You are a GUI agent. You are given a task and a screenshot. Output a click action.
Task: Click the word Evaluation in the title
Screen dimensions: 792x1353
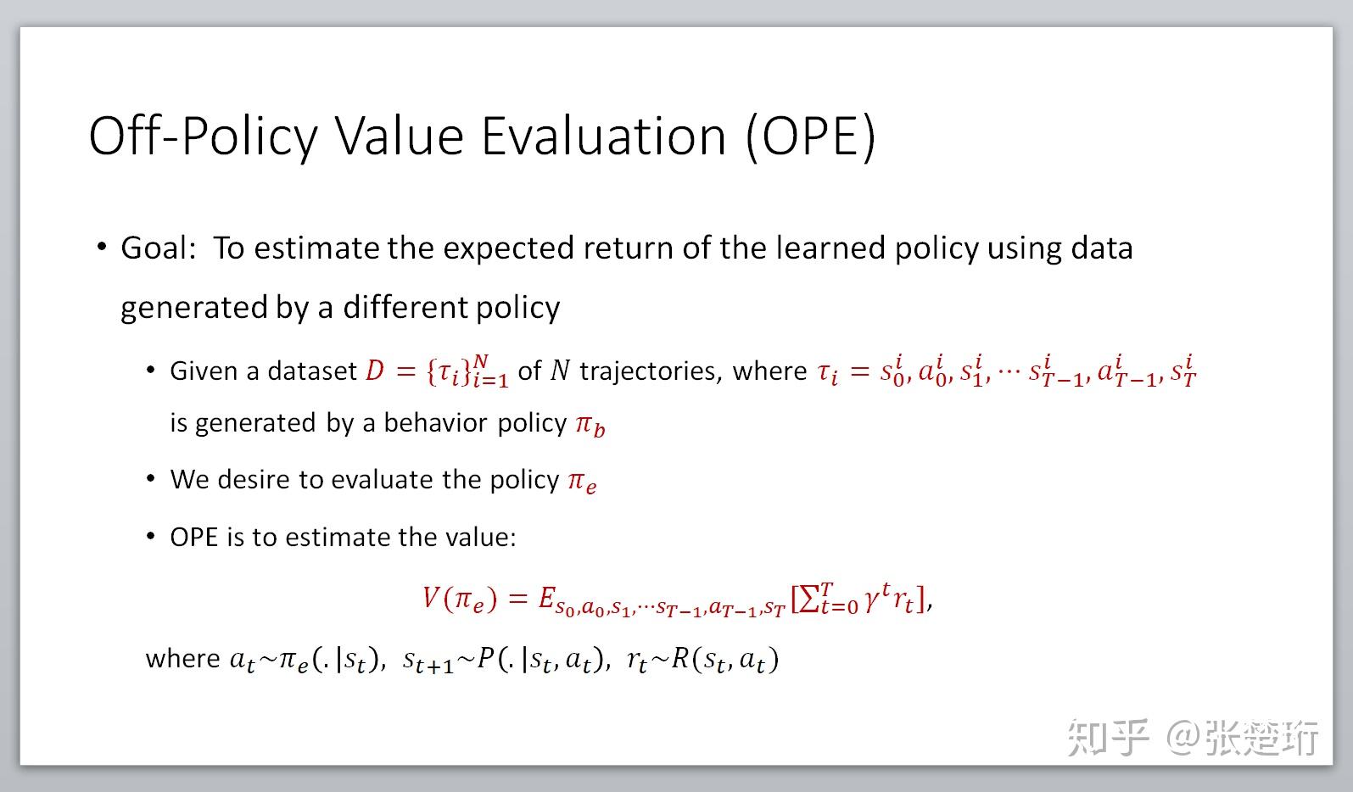[603, 136]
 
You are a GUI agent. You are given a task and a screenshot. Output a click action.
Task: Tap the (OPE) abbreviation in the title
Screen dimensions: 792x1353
[810, 136]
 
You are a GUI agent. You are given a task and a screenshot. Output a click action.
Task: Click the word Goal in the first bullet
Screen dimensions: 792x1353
[156, 248]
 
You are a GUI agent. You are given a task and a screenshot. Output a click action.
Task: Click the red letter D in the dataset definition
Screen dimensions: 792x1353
[374, 371]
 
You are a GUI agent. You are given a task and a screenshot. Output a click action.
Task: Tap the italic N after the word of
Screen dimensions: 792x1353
[560, 371]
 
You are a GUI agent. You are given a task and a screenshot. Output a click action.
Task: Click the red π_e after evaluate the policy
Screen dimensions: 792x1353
[582, 481]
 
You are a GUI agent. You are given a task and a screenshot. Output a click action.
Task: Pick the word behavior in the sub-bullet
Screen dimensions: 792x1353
[436, 422]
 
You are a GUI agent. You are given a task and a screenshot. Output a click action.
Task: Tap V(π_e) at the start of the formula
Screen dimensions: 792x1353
[459, 600]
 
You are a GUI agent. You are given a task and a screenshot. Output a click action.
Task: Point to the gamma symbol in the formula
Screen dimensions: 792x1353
[872, 601]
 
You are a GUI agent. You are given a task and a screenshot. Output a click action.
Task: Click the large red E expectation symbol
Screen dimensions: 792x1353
[547, 599]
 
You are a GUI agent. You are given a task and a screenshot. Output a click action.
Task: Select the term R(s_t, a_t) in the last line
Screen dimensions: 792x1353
[724, 659]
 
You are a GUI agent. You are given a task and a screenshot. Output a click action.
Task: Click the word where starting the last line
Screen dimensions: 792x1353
[182, 659]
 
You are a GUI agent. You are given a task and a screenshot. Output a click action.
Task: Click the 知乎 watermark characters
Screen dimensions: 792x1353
[1108, 736]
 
